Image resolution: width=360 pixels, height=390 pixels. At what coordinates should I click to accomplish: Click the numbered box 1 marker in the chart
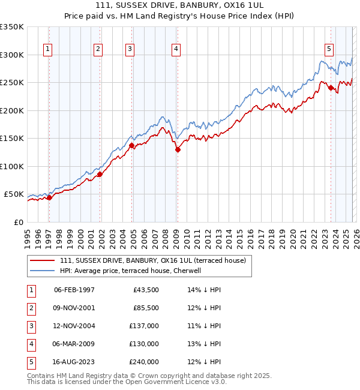[x=47, y=50]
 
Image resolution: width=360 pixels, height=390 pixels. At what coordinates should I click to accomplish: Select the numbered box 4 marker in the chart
[x=176, y=50]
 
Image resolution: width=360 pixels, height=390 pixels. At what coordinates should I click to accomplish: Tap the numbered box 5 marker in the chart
[x=329, y=50]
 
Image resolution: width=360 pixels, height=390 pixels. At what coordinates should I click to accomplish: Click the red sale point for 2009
[x=178, y=150]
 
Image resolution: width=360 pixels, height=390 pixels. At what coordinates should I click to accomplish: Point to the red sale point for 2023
[x=331, y=88]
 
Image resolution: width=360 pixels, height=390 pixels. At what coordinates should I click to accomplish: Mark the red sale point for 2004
[x=132, y=145]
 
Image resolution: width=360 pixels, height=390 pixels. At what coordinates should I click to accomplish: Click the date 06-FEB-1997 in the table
[x=74, y=290]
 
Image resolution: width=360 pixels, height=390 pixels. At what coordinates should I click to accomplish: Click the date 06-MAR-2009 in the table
[x=74, y=344]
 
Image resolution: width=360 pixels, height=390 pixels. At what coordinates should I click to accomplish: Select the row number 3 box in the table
[x=30, y=326]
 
